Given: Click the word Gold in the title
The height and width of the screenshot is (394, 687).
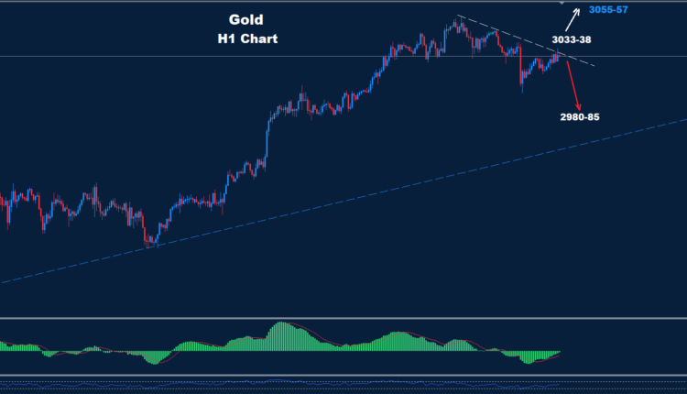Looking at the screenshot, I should [x=245, y=19].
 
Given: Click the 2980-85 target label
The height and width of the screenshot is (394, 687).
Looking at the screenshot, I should [x=583, y=117].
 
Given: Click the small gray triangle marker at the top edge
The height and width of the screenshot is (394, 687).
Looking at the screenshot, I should [x=562, y=5].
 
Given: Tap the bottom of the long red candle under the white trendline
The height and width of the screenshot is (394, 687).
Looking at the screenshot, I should [x=520, y=91].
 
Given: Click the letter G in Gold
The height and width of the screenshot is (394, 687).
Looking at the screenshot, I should [x=234, y=19].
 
